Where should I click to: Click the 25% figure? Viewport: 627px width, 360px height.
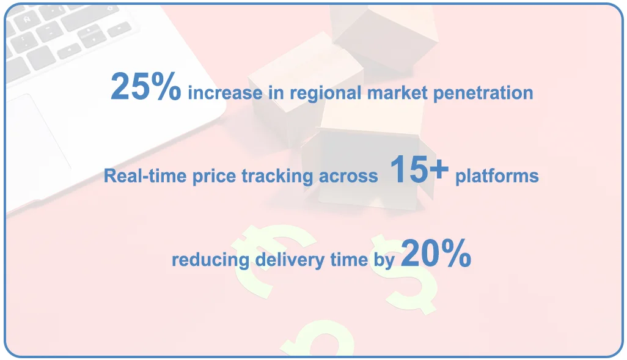pyautogui.click(x=145, y=87)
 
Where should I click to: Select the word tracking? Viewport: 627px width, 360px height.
pyautogui.click(x=279, y=177)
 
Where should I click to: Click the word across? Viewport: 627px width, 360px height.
pyautogui.click(x=349, y=177)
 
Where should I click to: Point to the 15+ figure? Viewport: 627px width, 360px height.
pyautogui.click(x=419, y=170)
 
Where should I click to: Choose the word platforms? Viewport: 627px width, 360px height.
pyautogui.click(x=497, y=177)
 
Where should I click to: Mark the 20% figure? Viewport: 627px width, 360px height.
pyautogui.click(x=436, y=254)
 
